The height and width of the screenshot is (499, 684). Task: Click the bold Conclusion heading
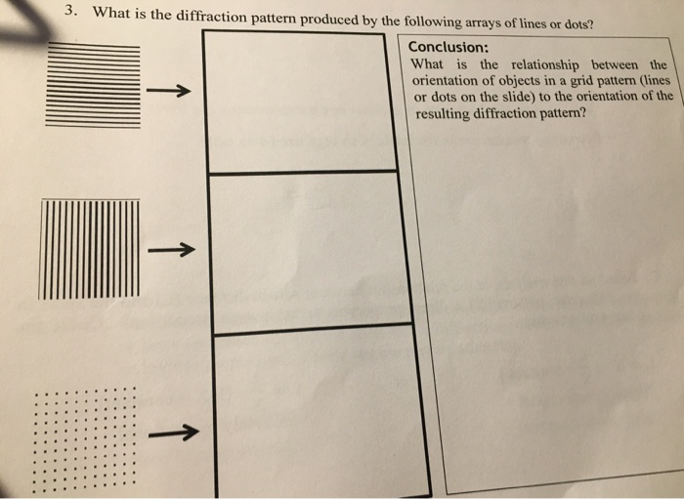tap(449, 48)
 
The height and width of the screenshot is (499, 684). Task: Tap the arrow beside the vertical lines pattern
tap(172, 249)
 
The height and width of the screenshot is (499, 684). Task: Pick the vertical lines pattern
tap(90, 248)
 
